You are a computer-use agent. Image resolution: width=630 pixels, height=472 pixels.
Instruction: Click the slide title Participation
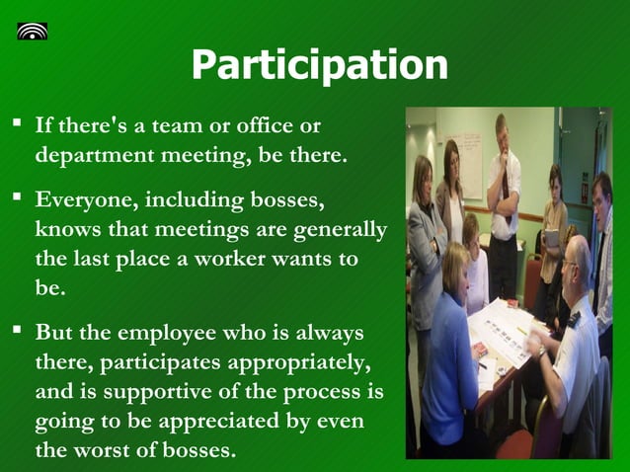(319, 65)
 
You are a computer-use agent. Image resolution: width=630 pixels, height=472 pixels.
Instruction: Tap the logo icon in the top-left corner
(33, 30)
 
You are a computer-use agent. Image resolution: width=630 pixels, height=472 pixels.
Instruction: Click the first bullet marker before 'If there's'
(17, 125)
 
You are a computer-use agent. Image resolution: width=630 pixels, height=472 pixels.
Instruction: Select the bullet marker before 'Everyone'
(17, 199)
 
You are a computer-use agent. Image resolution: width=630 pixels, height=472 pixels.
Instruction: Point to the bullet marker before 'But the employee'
(17, 330)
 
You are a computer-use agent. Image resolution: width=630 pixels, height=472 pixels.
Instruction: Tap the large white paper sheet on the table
(513, 331)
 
